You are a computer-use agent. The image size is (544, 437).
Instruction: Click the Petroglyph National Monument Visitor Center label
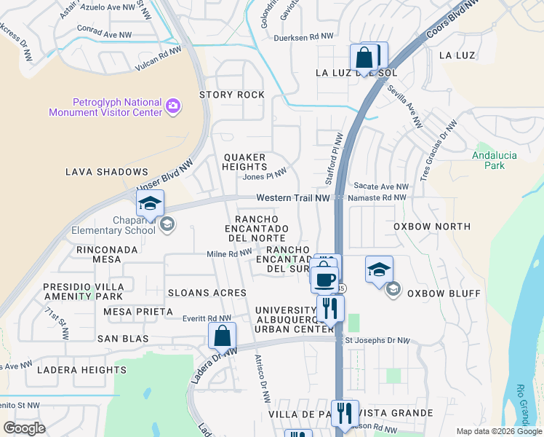click(105, 107)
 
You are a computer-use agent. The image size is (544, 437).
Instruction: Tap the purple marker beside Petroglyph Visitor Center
click(173, 106)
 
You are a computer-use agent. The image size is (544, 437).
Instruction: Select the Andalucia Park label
click(488, 160)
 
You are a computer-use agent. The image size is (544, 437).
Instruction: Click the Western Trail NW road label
click(293, 198)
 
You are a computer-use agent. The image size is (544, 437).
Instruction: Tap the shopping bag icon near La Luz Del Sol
click(364, 58)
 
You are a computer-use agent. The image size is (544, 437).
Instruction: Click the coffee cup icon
click(324, 278)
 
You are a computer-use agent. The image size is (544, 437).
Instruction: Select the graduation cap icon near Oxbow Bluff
click(379, 270)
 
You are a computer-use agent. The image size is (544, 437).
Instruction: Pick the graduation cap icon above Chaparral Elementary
click(150, 204)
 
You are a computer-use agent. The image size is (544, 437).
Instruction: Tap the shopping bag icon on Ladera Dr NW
click(223, 336)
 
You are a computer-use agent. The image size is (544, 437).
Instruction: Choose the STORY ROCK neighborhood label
click(232, 95)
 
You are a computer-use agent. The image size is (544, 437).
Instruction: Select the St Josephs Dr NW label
click(377, 340)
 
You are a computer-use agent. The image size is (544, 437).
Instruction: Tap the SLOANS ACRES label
click(207, 293)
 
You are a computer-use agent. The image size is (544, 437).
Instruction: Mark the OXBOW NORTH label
click(432, 227)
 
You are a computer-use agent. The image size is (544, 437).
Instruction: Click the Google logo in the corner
click(25, 428)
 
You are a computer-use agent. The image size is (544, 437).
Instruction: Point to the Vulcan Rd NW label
click(158, 61)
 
